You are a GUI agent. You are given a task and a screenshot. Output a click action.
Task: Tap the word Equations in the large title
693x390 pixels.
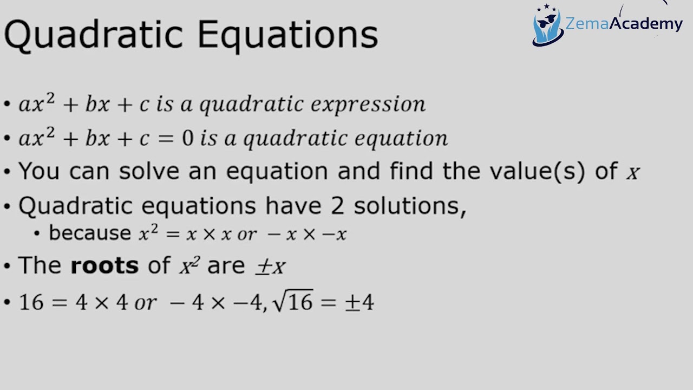pyautogui.click(x=287, y=35)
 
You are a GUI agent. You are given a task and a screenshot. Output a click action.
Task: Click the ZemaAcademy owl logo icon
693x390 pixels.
pyautogui.click(x=547, y=26)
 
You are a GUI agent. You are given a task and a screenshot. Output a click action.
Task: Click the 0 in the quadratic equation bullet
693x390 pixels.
pyautogui.click(x=187, y=139)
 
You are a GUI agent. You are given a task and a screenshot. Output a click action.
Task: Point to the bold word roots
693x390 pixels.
pyautogui.click(x=104, y=265)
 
